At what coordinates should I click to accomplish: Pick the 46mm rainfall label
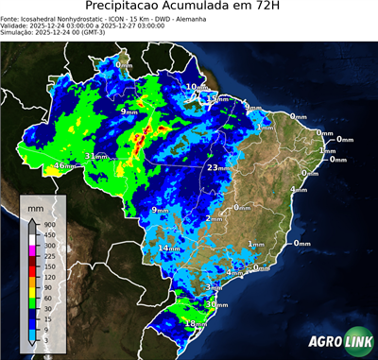[63, 166]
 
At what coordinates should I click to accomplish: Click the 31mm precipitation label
[95, 156]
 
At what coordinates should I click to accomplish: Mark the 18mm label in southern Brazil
[195, 323]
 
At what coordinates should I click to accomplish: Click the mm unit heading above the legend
[35, 206]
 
